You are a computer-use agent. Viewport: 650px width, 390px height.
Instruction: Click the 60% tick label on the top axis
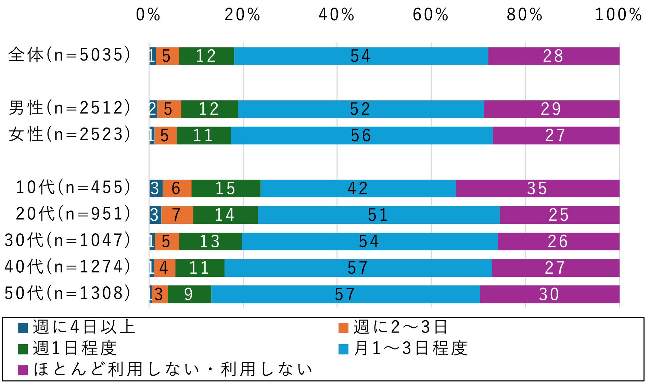pyautogui.click(x=431, y=15)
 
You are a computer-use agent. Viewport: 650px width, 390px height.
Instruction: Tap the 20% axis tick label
pyautogui.click(x=242, y=15)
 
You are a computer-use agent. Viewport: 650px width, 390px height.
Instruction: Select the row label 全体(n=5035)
pyautogui.click(x=70, y=55)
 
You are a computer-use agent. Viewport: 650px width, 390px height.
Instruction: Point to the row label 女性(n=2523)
pyautogui.click(x=70, y=134)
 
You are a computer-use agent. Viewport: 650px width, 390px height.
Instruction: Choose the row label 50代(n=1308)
pyautogui.click(x=68, y=293)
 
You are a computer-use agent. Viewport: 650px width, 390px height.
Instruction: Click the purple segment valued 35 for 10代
pyautogui.click(x=537, y=188)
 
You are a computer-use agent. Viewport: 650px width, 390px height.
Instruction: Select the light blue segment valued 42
pyautogui.click(x=358, y=188)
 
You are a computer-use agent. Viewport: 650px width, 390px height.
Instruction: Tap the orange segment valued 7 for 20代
pyautogui.click(x=177, y=215)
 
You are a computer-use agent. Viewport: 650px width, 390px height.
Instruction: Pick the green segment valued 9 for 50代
pyautogui.click(x=189, y=294)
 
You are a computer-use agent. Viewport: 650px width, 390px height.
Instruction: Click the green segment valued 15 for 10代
pyautogui.click(x=226, y=188)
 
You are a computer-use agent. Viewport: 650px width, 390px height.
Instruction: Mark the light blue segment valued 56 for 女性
pyautogui.click(x=361, y=135)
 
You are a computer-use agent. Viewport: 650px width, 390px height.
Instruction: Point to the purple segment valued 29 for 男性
pyautogui.click(x=551, y=109)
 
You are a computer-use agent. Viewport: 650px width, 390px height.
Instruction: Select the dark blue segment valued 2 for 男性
pyautogui.click(x=153, y=109)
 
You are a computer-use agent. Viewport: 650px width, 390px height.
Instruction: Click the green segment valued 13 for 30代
pyautogui.click(x=210, y=242)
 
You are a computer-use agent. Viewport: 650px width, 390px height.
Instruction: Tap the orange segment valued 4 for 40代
pyautogui.click(x=164, y=268)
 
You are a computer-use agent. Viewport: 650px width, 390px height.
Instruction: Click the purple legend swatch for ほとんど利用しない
pyautogui.click(x=23, y=370)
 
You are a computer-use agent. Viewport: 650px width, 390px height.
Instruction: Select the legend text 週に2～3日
pyautogui.click(x=400, y=327)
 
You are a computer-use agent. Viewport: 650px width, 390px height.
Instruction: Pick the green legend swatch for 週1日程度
pyautogui.click(x=23, y=349)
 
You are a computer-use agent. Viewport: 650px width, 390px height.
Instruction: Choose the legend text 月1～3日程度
pyautogui.click(x=410, y=349)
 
